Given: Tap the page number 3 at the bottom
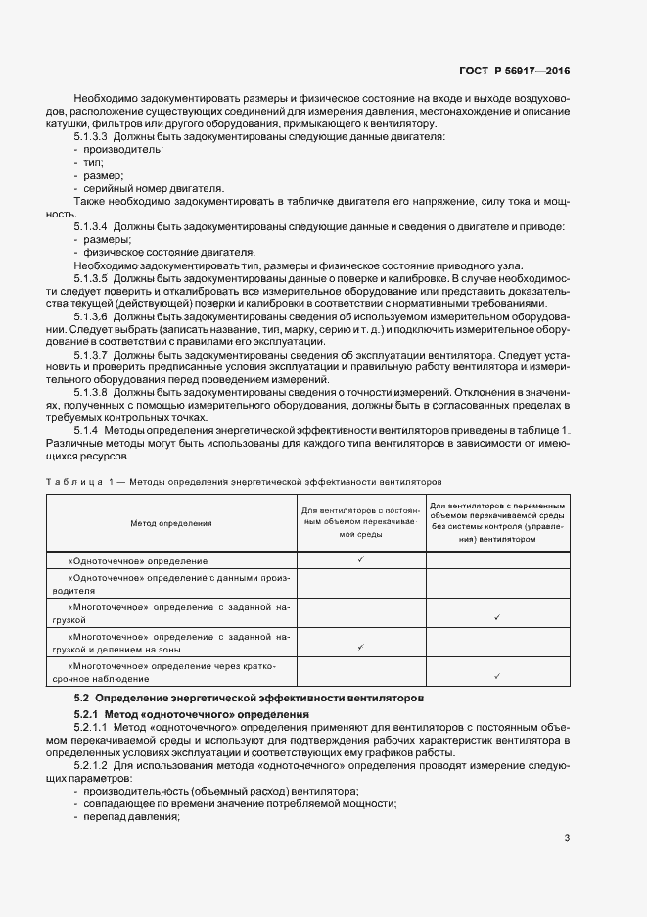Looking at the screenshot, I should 567,837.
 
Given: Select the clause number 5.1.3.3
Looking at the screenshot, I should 90,136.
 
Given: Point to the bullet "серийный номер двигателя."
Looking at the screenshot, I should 139,187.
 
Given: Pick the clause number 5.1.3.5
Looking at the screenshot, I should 90,278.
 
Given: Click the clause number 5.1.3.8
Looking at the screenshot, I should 90,392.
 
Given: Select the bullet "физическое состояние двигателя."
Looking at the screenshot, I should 162,252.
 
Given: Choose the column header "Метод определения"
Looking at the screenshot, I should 171,523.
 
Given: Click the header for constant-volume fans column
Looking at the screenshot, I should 360,523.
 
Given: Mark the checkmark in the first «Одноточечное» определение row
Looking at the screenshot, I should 361,559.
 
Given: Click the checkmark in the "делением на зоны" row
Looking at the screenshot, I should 361,647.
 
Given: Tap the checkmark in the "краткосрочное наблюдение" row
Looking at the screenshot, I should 498,676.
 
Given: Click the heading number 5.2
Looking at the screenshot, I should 82,697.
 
